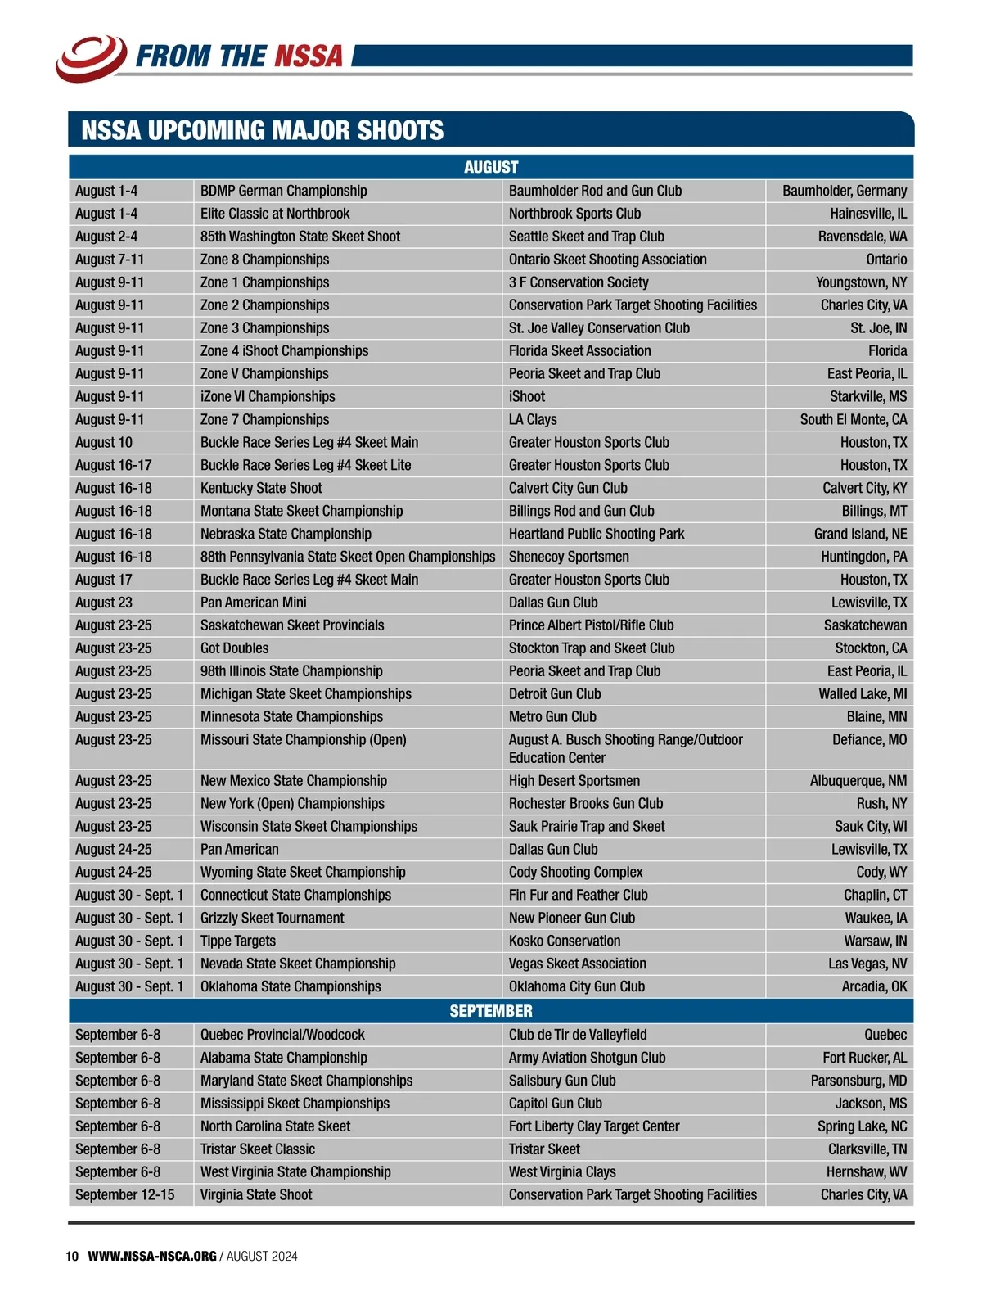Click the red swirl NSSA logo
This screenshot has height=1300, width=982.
pos(91,56)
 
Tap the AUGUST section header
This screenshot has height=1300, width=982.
pos(491,167)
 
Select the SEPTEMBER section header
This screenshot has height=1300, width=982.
pos(491,1011)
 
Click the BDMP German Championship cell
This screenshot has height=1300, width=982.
pos(284,191)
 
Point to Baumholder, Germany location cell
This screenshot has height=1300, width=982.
pos(844,191)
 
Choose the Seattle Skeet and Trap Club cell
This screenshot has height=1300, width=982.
pos(587,237)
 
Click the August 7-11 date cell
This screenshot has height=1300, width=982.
pos(110,260)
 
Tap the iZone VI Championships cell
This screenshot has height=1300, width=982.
pos(268,396)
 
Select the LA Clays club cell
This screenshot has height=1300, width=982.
pos(533,419)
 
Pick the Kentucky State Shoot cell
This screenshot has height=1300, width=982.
pos(261,488)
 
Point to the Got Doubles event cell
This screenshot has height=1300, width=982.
pos(234,648)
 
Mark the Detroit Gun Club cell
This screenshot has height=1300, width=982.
pos(555,694)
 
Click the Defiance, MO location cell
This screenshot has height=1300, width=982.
pos(869,740)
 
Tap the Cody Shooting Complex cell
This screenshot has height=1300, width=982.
pos(576,873)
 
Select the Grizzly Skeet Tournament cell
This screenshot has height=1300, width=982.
pos(273,919)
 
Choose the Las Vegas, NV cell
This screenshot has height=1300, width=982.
pos(867,964)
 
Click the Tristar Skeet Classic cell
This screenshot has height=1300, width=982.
pos(258,1149)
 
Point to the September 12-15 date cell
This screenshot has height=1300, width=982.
pos(124,1195)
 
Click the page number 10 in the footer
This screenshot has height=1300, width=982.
pos(72,1257)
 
